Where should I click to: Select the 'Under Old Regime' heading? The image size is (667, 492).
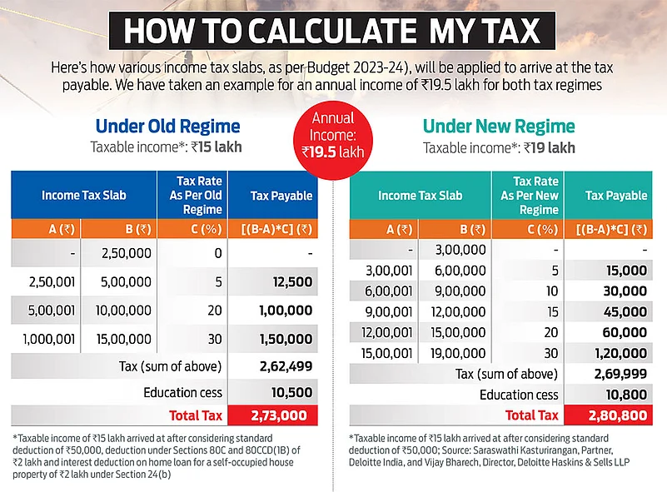click(x=167, y=127)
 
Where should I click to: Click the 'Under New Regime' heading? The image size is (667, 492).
click(x=499, y=127)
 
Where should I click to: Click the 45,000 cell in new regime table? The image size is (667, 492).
click(x=625, y=311)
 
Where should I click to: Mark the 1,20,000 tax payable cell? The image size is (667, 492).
click(x=620, y=353)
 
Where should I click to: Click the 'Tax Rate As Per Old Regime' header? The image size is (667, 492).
click(x=192, y=196)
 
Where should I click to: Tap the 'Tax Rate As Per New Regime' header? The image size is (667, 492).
click(x=527, y=196)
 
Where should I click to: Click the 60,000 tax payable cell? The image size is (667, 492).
click(x=625, y=332)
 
